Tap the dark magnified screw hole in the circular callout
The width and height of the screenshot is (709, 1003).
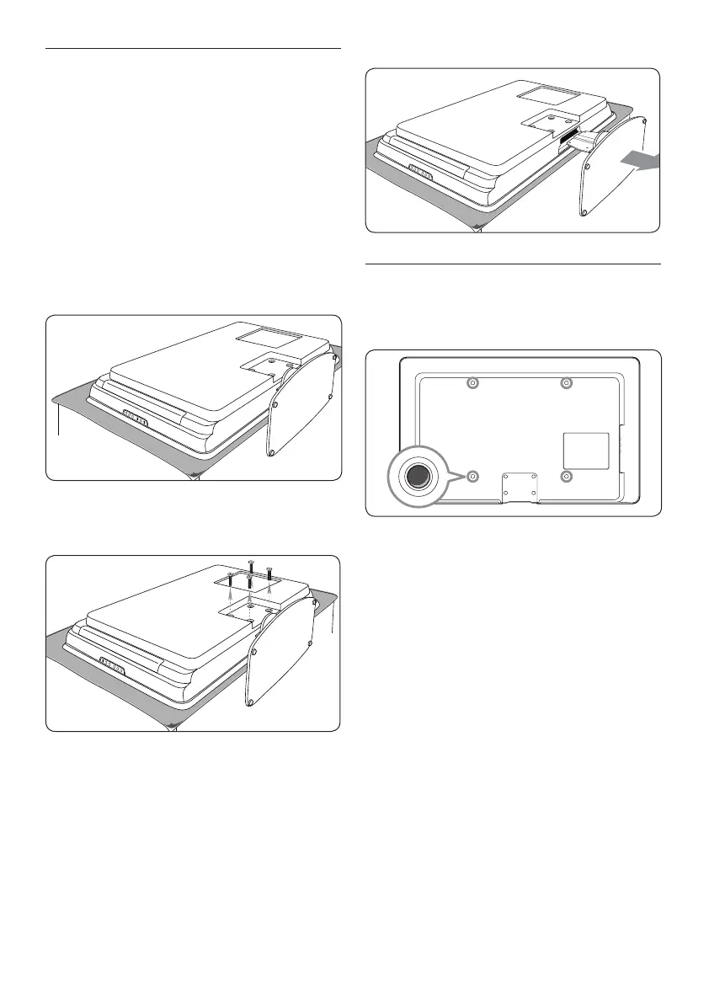(417, 476)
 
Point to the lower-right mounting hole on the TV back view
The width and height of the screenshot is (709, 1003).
(566, 477)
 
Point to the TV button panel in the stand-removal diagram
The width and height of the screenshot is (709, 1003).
(417, 168)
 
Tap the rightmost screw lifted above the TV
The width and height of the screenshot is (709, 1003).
(269, 574)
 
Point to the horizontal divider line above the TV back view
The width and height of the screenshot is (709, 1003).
(514, 264)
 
